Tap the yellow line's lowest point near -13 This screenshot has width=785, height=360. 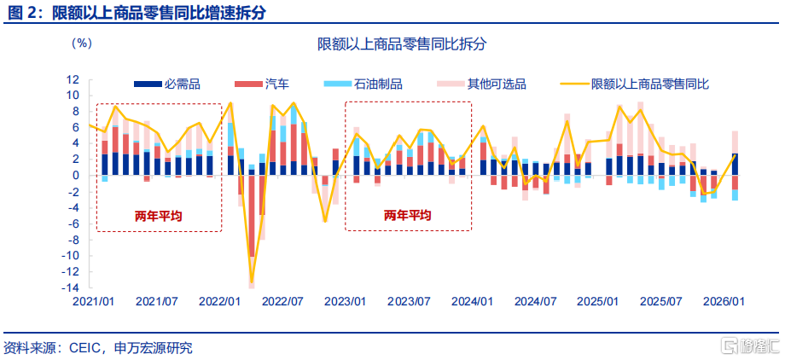(252, 282)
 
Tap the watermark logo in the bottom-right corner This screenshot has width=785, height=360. (749, 345)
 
